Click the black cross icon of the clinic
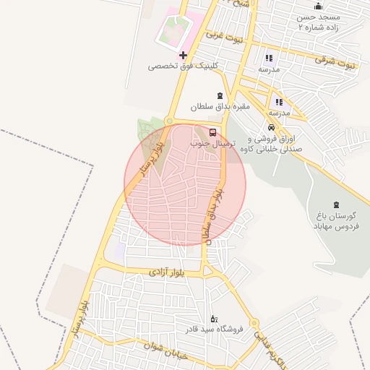pos(183,55)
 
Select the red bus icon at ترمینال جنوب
pos(212,133)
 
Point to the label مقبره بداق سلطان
pos(220,107)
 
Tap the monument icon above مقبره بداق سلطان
pos(220,96)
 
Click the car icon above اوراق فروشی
pos(271,127)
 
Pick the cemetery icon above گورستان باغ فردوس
pos(335,205)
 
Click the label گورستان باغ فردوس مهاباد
pos(335,221)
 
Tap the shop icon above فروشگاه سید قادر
pos(213,319)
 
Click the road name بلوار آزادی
pos(168,272)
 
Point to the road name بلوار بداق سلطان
pos(212,212)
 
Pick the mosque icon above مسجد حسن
pos(318,6)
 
